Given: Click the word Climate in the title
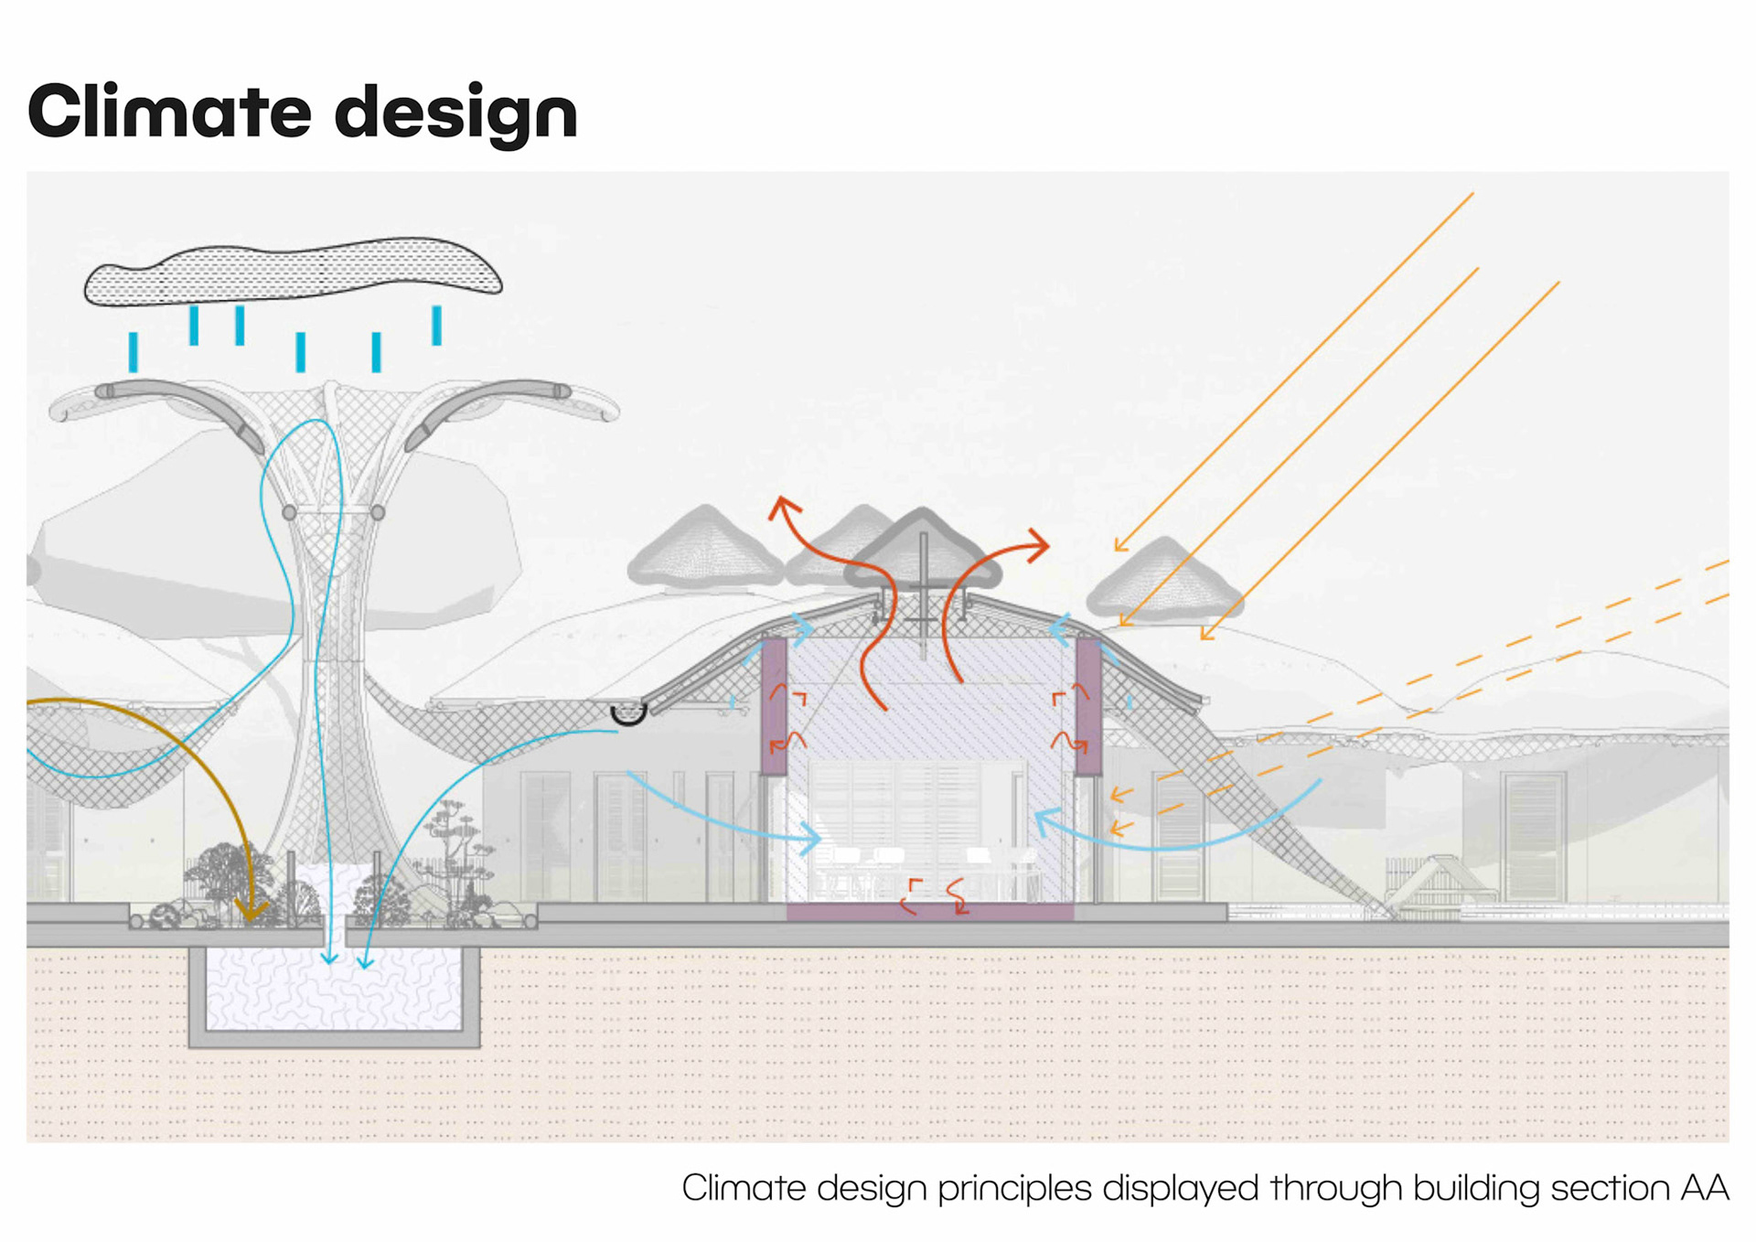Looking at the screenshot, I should (170, 112).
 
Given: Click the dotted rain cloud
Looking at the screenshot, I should (293, 271).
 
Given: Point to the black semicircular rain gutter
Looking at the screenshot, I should (628, 713).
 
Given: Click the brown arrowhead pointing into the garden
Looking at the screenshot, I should (250, 909).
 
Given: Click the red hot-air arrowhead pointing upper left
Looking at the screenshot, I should (783, 507).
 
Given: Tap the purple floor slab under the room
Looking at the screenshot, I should (929, 912).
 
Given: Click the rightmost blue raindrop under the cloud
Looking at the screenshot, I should (437, 326).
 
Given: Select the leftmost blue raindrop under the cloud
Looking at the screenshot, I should (134, 352).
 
